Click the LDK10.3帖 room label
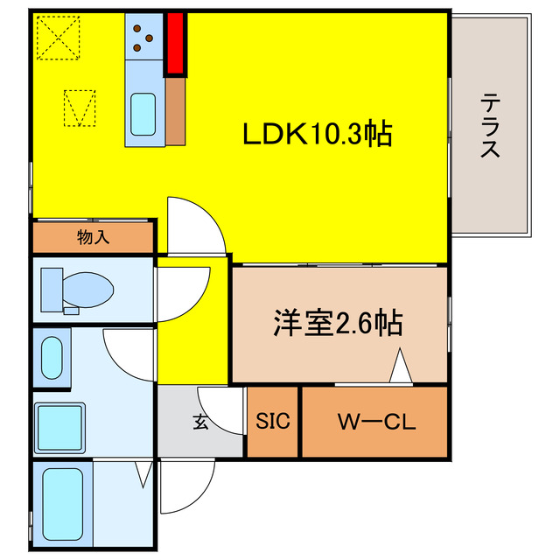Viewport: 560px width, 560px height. [x=317, y=134]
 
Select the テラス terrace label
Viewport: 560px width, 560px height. [x=490, y=126]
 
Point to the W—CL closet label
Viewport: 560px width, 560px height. [x=376, y=423]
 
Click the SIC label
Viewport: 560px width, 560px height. [x=272, y=423]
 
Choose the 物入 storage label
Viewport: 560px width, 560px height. [x=93, y=237]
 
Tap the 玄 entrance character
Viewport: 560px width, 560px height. [x=199, y=423]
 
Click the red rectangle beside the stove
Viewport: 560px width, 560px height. [x=176, y=44]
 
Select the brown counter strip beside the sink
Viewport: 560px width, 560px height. [x=174, y=111]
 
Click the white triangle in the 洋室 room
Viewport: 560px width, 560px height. [x=400, y=367]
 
